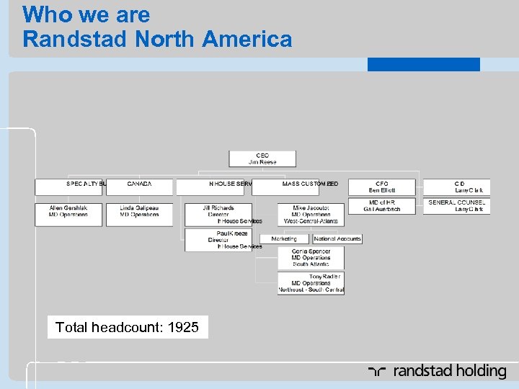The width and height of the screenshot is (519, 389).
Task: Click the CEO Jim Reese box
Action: click(x=262, y=158)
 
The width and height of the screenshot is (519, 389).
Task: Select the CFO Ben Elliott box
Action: click(x=382, y=187)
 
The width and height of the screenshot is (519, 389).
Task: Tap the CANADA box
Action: click(x=139, y=187)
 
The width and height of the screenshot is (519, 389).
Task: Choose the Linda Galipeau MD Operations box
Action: click(x=139, y=215)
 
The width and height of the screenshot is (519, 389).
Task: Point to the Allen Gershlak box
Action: click(x=68, y=215)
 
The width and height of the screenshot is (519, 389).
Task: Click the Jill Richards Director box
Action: click(x=218, y=215)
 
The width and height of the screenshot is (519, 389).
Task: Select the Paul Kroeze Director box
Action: click(x=218, y=240)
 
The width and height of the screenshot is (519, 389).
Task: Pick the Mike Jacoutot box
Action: click(x=311, y=215)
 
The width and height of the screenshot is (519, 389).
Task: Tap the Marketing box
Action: click(x=284, y=238)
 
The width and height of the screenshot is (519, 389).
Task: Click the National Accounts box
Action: click(x=337, y=238)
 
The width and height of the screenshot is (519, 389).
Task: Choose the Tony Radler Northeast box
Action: click(x=311, y=283)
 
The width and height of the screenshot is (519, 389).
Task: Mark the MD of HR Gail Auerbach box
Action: click(x=382, y=206)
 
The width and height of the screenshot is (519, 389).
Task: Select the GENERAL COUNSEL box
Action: click(x=456, y=206)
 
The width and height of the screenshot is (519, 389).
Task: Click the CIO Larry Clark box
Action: click(x=456, y=187)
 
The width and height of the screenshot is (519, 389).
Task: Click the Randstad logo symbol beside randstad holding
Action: click(x=377, y=372)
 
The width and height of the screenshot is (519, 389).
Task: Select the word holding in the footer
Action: click(x=479, y=372)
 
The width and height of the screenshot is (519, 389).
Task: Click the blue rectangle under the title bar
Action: click(x=423, y=65)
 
